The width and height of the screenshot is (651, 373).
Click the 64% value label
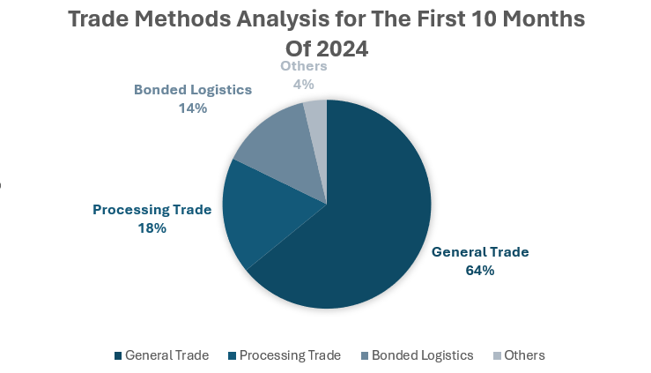479,271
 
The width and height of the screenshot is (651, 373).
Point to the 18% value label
152,228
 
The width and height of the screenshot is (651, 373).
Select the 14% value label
192,108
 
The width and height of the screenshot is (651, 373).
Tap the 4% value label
304,85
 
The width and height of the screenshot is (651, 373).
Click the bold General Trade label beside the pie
480,252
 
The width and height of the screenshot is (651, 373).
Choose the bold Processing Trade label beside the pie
152,210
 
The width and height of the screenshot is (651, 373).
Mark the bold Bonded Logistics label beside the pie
193,90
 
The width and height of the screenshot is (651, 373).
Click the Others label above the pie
304,66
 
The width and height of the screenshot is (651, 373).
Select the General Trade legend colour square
118,356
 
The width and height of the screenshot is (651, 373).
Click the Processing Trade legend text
290,355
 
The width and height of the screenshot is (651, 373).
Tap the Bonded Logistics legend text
422,355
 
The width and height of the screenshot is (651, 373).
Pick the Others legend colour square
497,356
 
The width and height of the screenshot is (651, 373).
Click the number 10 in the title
479,19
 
